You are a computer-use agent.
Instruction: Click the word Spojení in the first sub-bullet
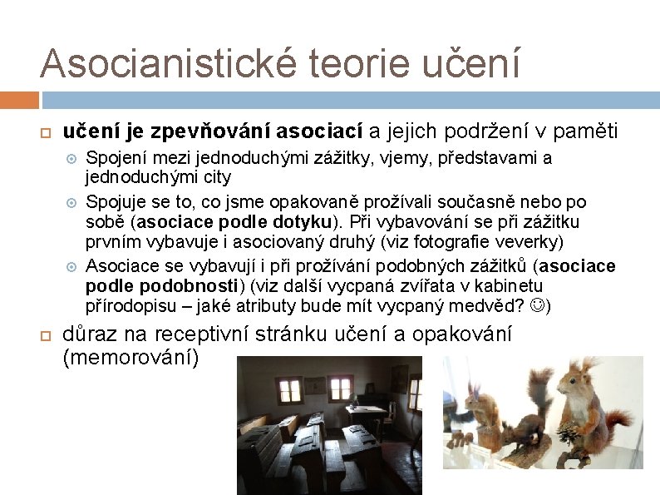coord(116,158)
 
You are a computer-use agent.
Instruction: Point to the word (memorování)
coord(131,359)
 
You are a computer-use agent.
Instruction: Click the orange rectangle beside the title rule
coord(19,100)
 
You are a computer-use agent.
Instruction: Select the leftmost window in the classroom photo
coord(289,390)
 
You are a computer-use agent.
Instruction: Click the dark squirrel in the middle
coord(520,424)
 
